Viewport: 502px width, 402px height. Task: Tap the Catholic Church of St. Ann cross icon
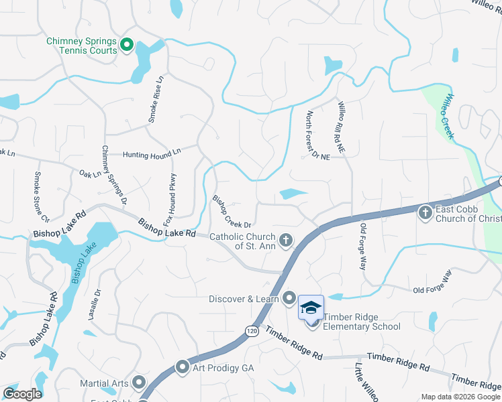tap(286, 239)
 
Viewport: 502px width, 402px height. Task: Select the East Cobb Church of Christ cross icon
tap(424, 213)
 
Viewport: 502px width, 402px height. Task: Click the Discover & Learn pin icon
tap(289, 298)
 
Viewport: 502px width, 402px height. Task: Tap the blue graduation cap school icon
tap(311, 308)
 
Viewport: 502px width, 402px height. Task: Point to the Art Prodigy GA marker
tap(183, 367)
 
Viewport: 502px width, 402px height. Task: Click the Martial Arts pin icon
tap(139, 383)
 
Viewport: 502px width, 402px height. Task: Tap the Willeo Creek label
tap(446, 117)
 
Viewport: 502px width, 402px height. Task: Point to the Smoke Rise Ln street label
tap(156, 100)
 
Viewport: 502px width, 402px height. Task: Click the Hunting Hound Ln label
tap(152, 153)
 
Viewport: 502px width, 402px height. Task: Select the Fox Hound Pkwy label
tap(173, 193)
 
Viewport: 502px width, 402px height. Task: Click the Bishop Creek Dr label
tap(232, 211)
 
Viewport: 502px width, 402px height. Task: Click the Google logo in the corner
tap(22, 394)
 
